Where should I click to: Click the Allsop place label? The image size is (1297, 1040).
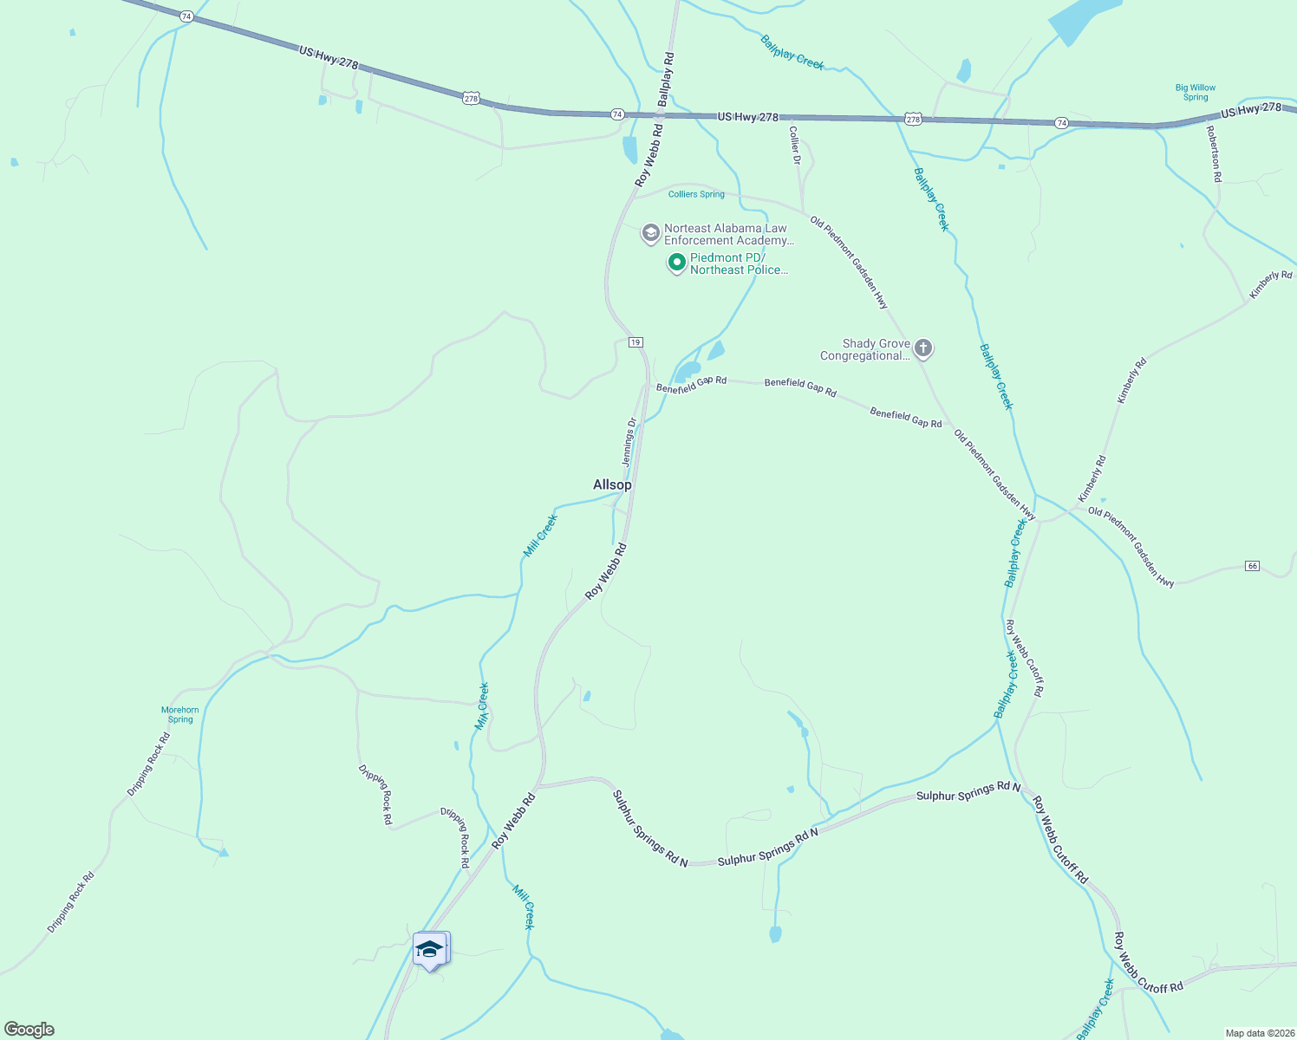(612, 485)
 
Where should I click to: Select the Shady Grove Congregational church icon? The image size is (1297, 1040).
(923, 349)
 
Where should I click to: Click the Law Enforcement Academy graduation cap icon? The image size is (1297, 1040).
(650, 234)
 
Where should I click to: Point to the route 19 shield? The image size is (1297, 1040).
(635, 342)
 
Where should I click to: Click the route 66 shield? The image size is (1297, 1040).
(1252, 566)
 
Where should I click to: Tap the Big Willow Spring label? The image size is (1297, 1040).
(1195, 92)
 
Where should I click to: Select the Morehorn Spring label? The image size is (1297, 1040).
(180, 714)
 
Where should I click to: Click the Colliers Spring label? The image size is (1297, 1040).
(696, 194)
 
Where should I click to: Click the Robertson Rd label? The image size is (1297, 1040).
(1214, 153)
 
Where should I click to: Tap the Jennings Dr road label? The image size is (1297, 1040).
(629, 442)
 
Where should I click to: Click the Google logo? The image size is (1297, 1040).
(29, 1030)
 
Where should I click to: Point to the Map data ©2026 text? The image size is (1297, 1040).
(1260, 1033)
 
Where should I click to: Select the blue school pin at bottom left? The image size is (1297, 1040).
(430, 950)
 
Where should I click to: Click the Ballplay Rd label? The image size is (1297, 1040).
(665, 79)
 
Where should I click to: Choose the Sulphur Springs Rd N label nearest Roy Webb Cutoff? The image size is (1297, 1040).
(968, 790)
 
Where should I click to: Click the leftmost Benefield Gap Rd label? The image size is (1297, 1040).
(691, 385)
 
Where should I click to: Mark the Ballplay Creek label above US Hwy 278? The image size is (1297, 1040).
(792, 52)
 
